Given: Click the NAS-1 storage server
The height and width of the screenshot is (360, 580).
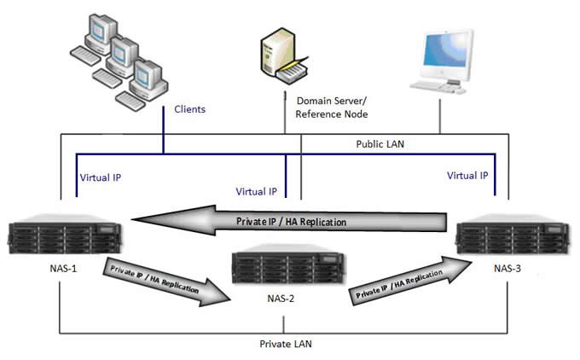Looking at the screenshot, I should point(61,235).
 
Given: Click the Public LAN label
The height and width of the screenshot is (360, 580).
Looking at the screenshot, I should point(381,145).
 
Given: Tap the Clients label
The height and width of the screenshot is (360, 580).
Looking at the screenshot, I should point(189,109).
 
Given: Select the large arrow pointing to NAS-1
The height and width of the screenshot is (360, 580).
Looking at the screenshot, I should point(290,221).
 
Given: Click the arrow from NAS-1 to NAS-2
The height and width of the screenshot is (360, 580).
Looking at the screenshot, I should point(166,281).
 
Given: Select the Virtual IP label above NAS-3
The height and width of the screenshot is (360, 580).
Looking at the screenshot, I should point(467,176).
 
